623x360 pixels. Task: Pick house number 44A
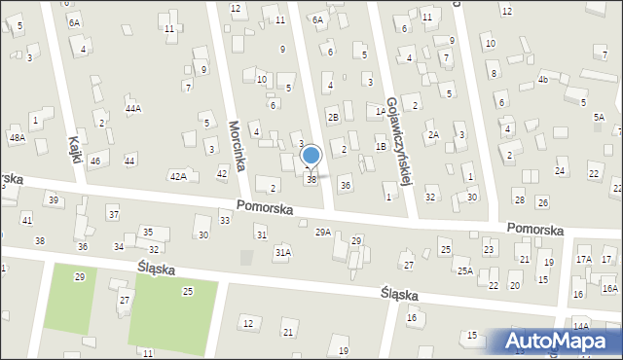[x=133, y=108]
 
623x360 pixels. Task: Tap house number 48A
[x=17, y=138]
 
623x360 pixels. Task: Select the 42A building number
[x=178, y=176]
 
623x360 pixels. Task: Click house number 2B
[x=333, y=118]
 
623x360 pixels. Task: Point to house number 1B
[x=381, y=146]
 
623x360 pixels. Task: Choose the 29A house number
[x=323, y=232]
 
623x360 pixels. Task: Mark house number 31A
[x=282, y=252]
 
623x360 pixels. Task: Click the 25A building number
[x=465, y=270]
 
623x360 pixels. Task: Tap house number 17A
[x=583, y=260]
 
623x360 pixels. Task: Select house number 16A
[x=609, y=288]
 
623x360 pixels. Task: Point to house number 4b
[x=543, y=79]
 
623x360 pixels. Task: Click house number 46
[x=94, y=161]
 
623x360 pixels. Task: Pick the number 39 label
[x=54, y=200]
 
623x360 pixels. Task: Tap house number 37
[x=113, y=214]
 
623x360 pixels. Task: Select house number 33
[x=225, y=221]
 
